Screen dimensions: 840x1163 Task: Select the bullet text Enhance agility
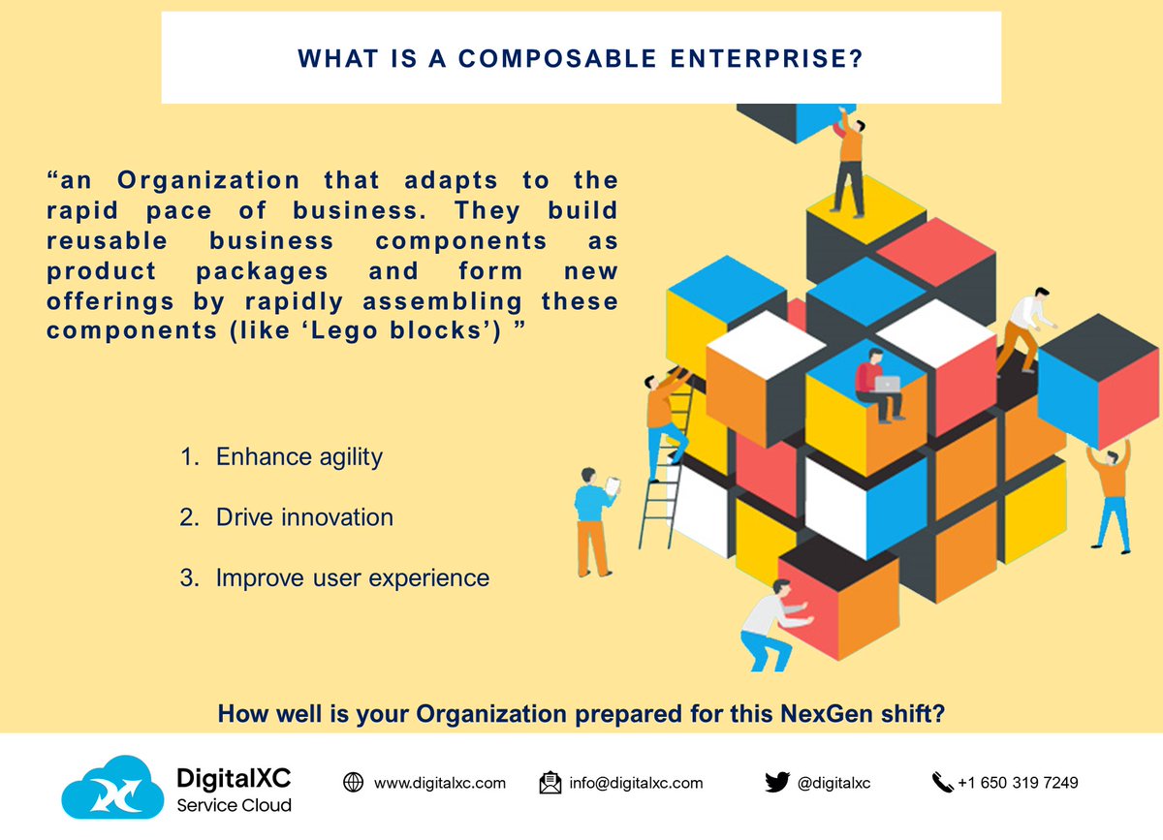(299, 456)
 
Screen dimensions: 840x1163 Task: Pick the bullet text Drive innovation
(304, 517)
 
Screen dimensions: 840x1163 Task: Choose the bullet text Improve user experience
(352, 578)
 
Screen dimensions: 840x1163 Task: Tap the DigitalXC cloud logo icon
(111, 787)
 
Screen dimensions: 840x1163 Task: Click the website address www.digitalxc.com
(439, 783)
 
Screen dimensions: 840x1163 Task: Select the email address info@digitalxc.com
(636, 783)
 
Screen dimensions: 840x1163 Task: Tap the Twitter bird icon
(777, 782)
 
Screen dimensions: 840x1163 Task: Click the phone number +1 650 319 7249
(1018, 783)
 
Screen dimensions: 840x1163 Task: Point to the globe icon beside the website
(353, 783)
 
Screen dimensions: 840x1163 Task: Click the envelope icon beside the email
(550, 783)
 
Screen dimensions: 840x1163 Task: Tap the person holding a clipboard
(592, 518)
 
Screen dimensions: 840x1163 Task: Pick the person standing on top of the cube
(848, 160)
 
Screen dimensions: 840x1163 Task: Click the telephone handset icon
(941, 783)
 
